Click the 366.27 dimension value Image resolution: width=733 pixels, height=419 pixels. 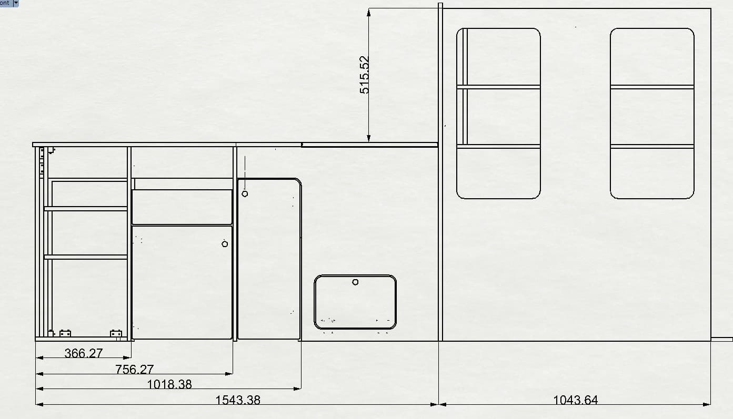[x=84, y=353]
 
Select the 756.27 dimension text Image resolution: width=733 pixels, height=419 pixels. [x=134, y=370]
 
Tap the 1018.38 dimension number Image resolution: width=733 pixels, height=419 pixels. [x=169, y=384]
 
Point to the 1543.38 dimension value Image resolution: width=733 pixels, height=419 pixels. [x=237, y=400]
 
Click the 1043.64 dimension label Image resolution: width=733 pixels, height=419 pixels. [x=575, y=400]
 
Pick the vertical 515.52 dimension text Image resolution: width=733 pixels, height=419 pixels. [x=364, y=75]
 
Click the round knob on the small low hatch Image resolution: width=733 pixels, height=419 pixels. [x=355, y=282]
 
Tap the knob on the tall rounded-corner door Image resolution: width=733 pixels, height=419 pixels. [x=245, y=194]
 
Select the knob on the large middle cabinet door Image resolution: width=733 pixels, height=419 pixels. [x=225, y=244]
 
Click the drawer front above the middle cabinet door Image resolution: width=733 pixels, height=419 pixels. [x=182, y=207]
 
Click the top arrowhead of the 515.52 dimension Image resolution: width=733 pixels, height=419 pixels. [x=369, y=13]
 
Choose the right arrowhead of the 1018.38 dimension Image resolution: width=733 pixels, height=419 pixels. [x=297, y=389]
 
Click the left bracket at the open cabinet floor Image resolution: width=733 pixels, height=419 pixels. [x=65, y=333]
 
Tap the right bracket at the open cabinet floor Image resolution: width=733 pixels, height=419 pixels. [x=116, y=333]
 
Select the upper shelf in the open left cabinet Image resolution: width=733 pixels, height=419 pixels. [x=86, y=209]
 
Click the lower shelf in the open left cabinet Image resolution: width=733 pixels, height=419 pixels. [x=86, y=257]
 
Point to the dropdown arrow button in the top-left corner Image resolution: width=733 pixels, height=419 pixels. [x=15, y=3]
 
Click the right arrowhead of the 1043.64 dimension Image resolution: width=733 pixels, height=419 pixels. [x=707, y=404]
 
